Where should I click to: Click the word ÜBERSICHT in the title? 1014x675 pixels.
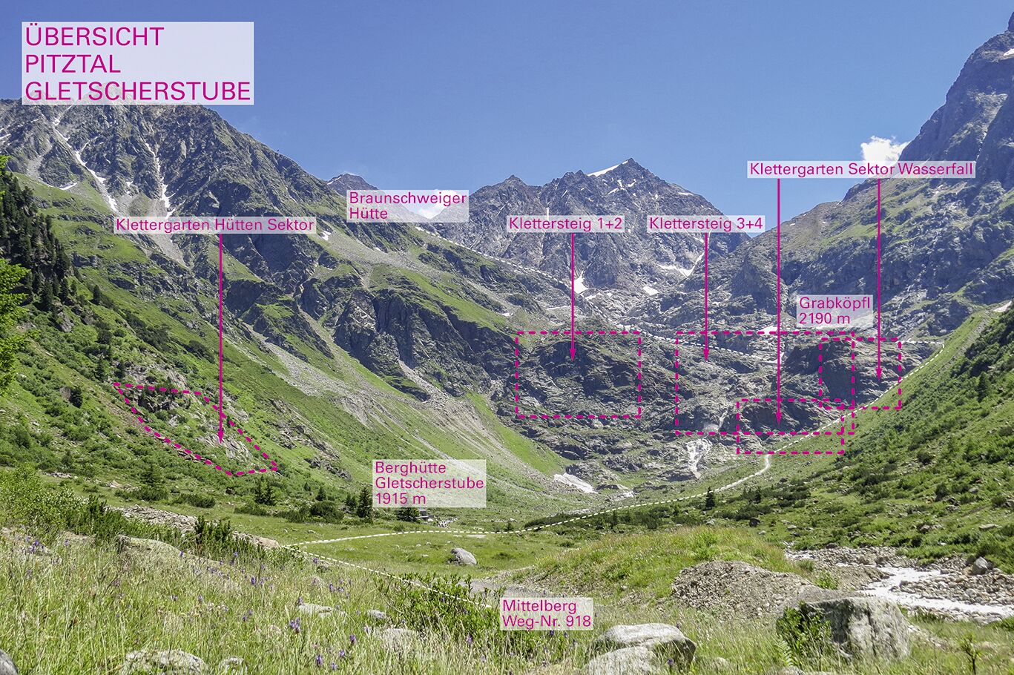point(94,36)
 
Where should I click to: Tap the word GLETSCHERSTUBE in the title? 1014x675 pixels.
point(138,90)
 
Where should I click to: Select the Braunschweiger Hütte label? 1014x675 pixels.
point(407,205)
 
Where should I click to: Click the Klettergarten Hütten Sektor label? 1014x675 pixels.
point(215,225)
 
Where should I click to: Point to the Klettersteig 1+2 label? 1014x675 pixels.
point(566,224)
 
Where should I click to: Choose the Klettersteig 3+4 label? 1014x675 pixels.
point(705,224)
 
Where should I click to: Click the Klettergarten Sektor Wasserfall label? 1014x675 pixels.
point(860,169)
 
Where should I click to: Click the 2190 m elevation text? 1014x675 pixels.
point(824,319)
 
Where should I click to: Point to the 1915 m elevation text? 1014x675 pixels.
point(401,498)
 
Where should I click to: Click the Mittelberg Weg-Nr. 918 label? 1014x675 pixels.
point(547,613)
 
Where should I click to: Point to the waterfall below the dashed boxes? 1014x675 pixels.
point(696,454)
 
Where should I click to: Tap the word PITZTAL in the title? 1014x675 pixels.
point(71,63)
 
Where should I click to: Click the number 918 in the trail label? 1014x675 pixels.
point(578,621)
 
